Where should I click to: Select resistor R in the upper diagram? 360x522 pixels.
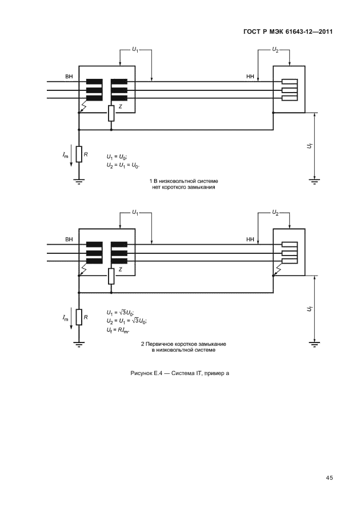pyautogui.click(x=79, y=154)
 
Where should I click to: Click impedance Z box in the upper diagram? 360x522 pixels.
pyautogui.click(x=111, y=113)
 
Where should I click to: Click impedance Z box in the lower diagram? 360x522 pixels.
pyautogui.click(x=111, y=275)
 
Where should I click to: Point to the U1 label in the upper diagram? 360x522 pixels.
pyautogui.click(x=135, y=50)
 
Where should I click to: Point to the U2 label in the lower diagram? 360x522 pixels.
pyautogui.click(x=275, y=212)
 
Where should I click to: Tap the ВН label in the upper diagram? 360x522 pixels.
pyautogui.click(x=69, y=77)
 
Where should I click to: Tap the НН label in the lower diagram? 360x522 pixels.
pyautogui.click(x=249, y=238)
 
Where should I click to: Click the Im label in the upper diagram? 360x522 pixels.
pyautogui.click(x=66, y=154)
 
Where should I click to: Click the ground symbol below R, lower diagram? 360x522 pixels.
pyautogui.click(x=79, y=344)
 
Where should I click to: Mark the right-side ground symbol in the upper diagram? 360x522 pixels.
pyautogui.click(x=314, y=181)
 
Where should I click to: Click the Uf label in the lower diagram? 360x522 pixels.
pyautogui.click(x=309, y=309)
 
